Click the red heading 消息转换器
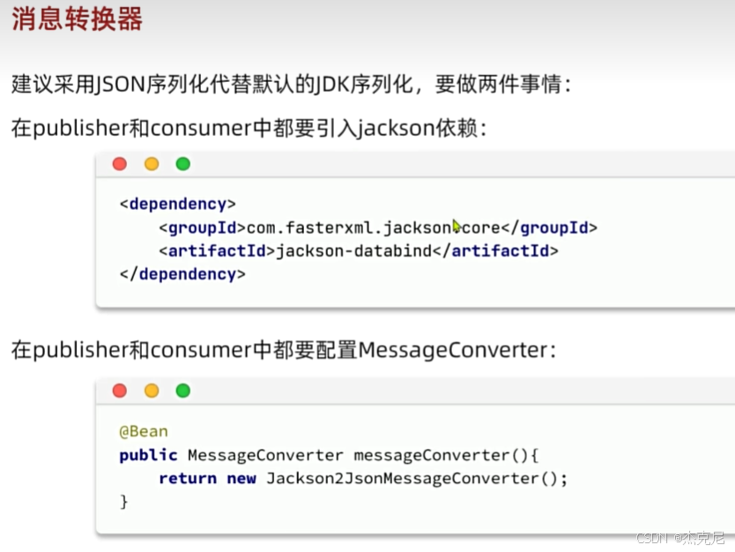click(x=78, y=20)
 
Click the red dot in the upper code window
click(x=120, y=164)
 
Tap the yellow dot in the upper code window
click(x=152, y=164)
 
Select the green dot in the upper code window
click(x=182, y=164)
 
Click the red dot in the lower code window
click(x=120, y=391)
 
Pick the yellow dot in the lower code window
click(x=152, y=391)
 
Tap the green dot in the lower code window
click(x=182, y=391)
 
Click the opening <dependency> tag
click(x=178, y=205)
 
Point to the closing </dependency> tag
click(x=182, y=274)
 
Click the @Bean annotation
click(x=144, y=432)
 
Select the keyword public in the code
click(x=148, y=456)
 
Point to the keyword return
click(x=188, y=479)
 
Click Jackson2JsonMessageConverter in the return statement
click(x=402, y=479)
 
